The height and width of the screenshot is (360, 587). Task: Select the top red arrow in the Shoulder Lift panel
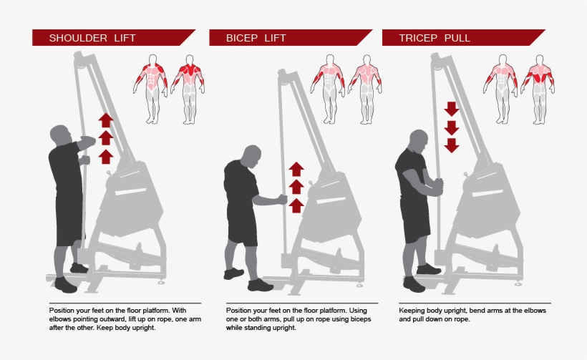coord(105,120)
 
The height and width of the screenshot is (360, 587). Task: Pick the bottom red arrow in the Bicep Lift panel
coord(296,205)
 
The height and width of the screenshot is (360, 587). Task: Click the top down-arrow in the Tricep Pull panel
coord(451,109)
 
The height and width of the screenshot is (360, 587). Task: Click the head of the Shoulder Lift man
coord(61,135)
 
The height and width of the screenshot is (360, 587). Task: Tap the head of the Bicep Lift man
coord(251,156)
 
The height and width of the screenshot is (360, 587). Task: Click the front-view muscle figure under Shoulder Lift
coord(150,86)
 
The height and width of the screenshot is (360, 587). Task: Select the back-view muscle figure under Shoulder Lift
coord(189,86)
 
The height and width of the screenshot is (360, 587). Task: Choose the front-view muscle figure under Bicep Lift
coord(328,86)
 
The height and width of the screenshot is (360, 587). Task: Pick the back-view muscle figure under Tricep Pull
coord(538,86)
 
